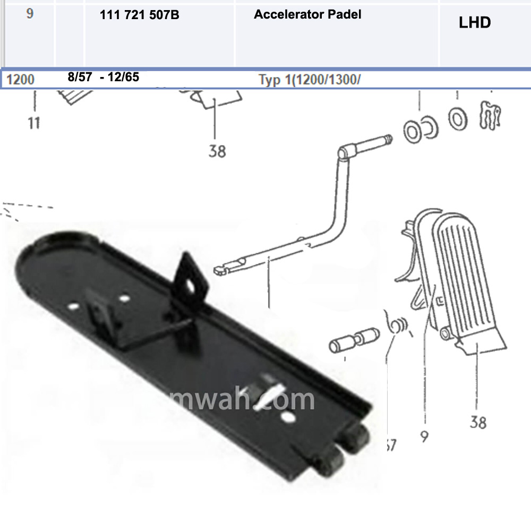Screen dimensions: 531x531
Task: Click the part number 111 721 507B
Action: [140, 15]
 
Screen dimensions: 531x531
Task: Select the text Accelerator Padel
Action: [307, 15]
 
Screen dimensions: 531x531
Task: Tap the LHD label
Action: [475, 23]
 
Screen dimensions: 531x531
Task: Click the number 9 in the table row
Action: [30, 14]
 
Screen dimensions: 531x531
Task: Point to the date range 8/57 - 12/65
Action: [104, 77]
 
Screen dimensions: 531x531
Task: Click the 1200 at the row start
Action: [21, 80]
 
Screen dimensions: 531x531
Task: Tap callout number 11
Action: [34, 123]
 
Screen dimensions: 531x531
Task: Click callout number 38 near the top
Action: [217, 151]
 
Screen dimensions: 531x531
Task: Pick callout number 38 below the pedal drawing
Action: [478, 422]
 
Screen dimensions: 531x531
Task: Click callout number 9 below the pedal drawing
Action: [424, 436]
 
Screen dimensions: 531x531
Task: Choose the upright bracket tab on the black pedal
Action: [191, 276]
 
